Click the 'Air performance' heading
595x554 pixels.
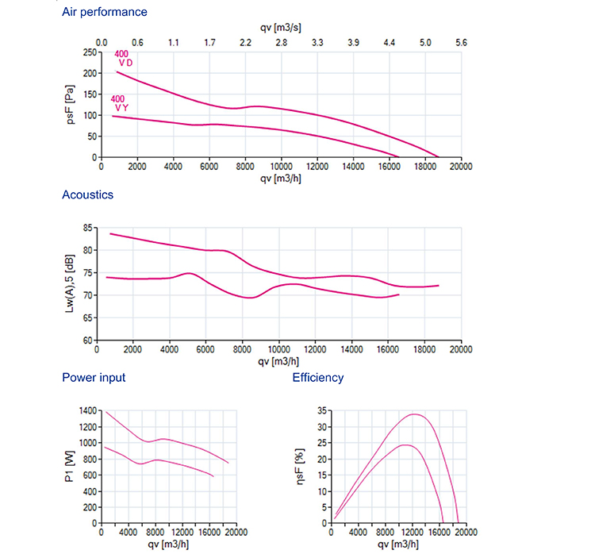click(105, 12)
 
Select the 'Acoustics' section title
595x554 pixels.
click(87, 194)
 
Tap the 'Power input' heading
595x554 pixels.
click(94, 378)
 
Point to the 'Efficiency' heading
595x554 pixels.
click(318, 378)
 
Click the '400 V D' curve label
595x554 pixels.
click(124, 59)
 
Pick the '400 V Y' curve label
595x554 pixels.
click(120, 103)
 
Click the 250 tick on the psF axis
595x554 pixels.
click(90, 52)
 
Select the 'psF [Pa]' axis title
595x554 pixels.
click(70, 105)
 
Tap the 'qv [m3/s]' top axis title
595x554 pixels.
click(281, 28)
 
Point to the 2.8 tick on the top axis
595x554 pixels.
click(282, 43)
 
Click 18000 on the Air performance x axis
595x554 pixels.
click(425, 167)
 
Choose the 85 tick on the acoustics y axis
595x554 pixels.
click(88, 228)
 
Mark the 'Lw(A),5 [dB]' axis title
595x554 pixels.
click(70, 283)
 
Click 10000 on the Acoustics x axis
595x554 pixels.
click(279, 349)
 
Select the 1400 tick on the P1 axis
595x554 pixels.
click(88, 410)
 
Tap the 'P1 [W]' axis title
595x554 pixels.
click(70, 467)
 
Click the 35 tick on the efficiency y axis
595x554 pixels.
click(322, 410)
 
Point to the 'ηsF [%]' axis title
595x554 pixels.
click(300, 467)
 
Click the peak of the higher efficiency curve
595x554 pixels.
click(414, 414)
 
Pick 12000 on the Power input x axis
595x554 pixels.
click(182, 533)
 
